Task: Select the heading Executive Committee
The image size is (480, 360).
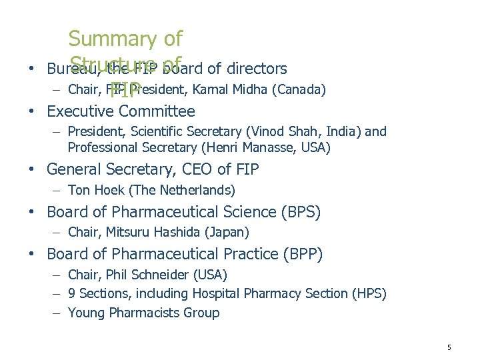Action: (x=121, y=111)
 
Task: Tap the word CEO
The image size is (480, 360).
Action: (x=197, y=169)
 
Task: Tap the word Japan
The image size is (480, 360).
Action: (x=230, y=233)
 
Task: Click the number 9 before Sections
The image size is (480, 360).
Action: (x=72, y=293)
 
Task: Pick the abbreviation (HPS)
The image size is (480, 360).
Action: (x=368, y=293)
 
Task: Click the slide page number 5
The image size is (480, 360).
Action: (x=449, y=347)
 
